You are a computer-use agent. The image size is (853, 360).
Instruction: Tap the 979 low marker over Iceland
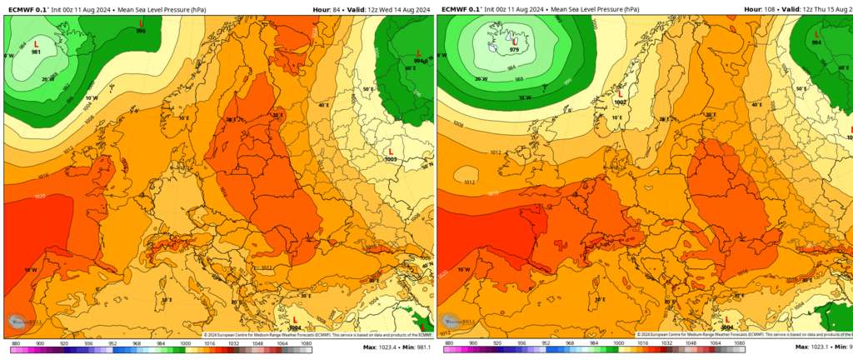pyautogui.click(x=515, y=45)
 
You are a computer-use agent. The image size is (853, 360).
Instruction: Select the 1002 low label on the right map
pyautogui.click(x=619, y=102)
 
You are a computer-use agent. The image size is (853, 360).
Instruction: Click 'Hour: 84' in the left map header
pyautogui.click(x=326, y=9)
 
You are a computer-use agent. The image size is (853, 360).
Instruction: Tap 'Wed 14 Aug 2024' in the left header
pyautogui.click(x=407, y=9)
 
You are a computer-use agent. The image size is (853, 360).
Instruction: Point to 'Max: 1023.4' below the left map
pyautogui.click(x=379, y=347)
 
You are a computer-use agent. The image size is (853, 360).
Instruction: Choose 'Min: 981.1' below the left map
pyautogui.click(x=417, y=347)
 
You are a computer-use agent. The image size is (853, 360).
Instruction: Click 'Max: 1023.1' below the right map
pyautogui.click(x=812, y=347)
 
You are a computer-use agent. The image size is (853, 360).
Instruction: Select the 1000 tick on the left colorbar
pyautogui.click(x=186, y=342)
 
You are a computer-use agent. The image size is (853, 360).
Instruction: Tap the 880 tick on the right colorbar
pyautogui.click(x=450, y=342)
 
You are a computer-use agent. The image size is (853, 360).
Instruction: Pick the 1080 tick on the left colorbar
pyautogui.click(x=306, y=342)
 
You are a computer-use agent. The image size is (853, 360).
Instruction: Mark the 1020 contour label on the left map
pyautogui.click(x=39, y=197)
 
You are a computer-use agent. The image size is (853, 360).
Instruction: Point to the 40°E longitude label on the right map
pyautogui.click(x=756, y=105)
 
